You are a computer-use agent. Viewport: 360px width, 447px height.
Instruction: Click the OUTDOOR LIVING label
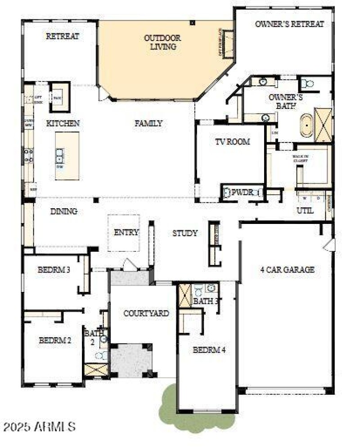[x=162, y=42]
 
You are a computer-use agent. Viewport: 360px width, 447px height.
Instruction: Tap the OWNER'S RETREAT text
[x=289, y=24]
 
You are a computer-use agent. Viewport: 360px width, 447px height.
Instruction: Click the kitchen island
[x=67, y=156]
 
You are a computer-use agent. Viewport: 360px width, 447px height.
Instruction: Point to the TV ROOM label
[x=232, y=142]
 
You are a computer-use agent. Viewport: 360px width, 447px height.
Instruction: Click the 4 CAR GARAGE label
[x=287, y=270]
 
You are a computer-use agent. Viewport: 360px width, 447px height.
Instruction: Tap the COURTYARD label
[x=146, y=313]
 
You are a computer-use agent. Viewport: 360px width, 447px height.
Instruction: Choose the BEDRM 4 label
[x=209, y=349]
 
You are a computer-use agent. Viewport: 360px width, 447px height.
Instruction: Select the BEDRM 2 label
[x=55, y=340]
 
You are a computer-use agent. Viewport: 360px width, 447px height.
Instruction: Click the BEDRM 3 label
[x=54, y=270]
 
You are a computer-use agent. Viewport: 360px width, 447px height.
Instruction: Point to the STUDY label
[x=185, y=233]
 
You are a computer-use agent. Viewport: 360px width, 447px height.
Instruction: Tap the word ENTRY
[x=126, y=232]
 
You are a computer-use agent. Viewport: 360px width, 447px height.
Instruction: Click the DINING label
[x=63, y=211]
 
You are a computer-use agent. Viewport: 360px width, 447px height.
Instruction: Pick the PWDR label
[x=239, y=192]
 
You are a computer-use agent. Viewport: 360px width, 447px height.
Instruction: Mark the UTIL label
[x=305, y=210]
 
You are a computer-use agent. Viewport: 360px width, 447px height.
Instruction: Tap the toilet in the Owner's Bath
[x=307, y=84]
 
